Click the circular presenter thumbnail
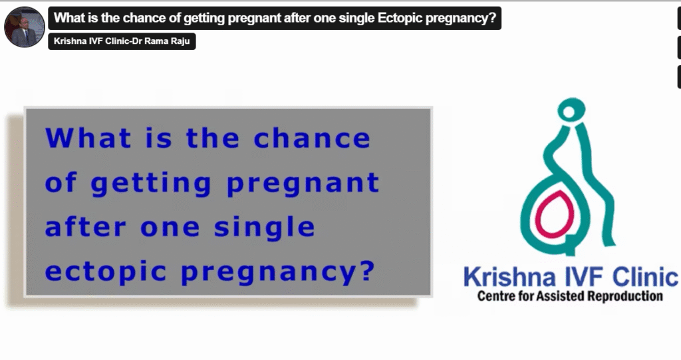point(25,27)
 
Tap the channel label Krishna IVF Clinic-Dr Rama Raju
point(122,41)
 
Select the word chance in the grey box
point(312,138)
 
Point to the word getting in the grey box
point(151,184)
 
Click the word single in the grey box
point(264,228)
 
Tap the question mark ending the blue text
point(367,270)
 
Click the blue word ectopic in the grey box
point(106,271)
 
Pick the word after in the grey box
point(85,227)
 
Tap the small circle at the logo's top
point(569,112)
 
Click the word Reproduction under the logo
point(625,297)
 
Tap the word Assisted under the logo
point(561,297)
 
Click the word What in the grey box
point(88,138)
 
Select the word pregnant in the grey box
point(303,184)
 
